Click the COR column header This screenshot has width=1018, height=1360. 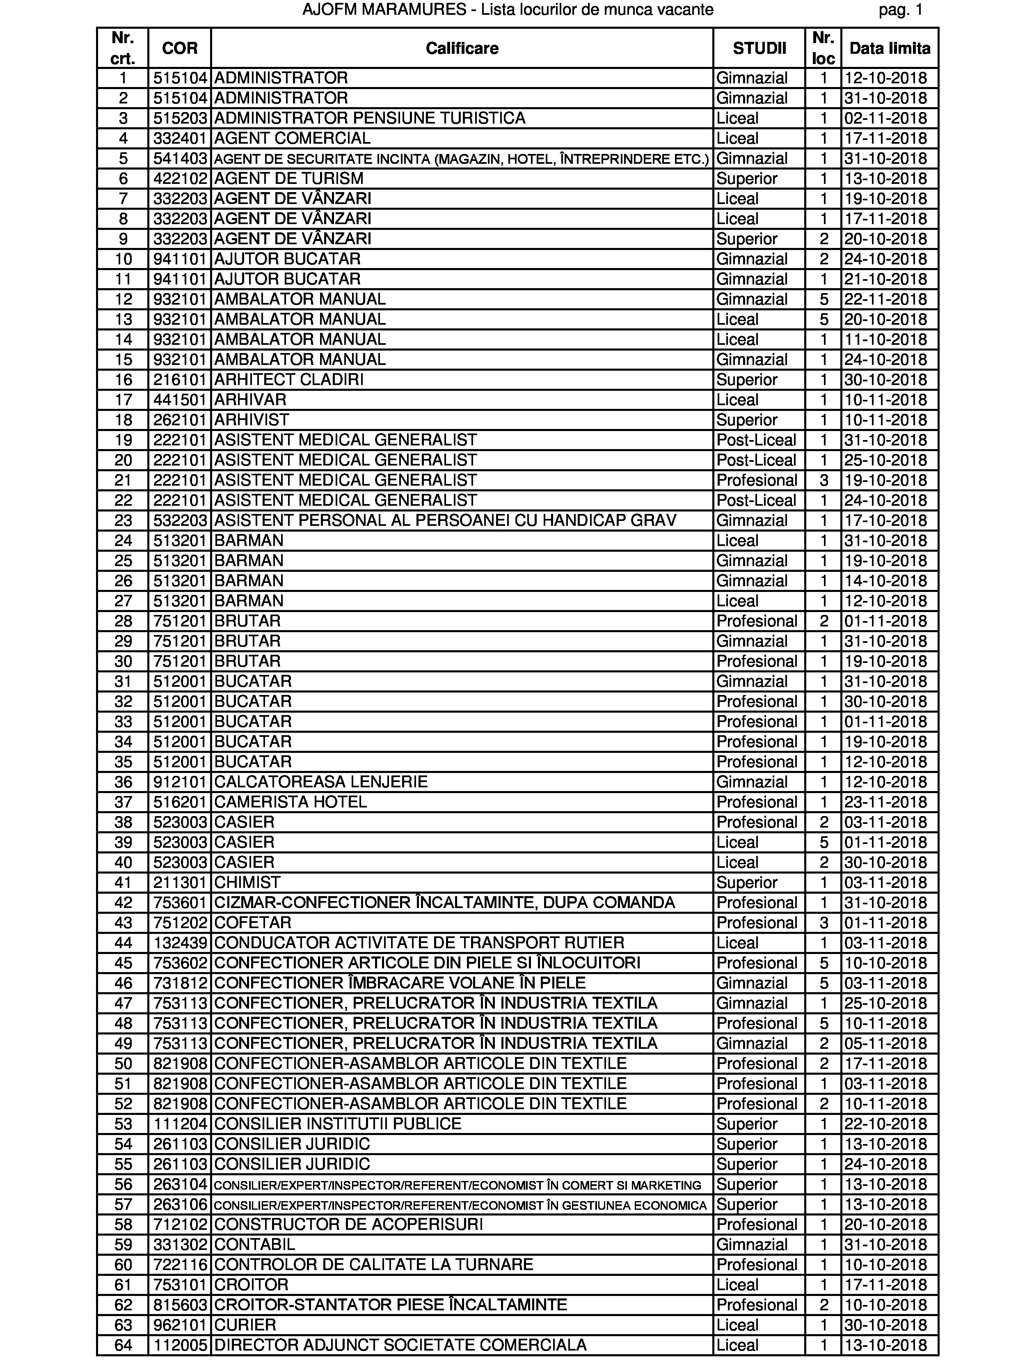179,48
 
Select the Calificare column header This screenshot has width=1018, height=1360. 462,48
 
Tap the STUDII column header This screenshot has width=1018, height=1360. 759,48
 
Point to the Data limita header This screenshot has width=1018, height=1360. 890,48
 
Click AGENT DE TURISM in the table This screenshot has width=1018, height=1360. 289,178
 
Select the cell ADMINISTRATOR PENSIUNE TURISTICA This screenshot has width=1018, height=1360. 369,118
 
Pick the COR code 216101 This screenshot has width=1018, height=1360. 179,379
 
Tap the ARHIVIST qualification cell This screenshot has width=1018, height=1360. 252,420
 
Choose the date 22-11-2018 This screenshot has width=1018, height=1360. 885,299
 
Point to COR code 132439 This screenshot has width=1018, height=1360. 179,943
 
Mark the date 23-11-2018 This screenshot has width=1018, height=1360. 885,802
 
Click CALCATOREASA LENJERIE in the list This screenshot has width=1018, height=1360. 321,782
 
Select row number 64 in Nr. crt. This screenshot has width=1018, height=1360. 123,1345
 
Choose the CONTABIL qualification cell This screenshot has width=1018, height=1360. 254,1244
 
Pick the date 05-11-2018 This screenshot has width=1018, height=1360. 885,1044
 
